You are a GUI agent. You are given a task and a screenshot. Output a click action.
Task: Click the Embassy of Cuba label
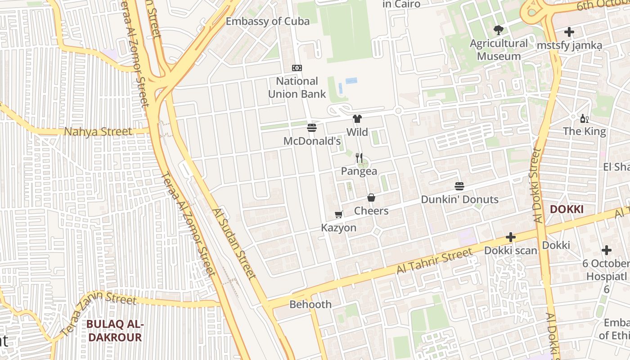(x=267, y=21)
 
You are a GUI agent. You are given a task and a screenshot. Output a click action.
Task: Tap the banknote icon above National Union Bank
(x=297, y=68)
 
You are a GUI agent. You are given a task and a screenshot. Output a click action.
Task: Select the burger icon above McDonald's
(x=312, y=127)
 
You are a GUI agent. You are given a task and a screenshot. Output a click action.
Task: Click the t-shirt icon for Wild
(x=357, y=119)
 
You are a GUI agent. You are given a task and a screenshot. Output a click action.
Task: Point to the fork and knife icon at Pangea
(x=359, y=157)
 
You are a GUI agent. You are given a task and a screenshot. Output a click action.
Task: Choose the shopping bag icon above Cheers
(x=371, y=198)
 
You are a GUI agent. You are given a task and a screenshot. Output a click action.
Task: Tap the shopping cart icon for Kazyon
(x=339, y=215)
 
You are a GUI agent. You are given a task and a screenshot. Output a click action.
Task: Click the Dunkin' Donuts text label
(x=459, y=199)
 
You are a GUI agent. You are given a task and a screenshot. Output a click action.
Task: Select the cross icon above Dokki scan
(x=511, y=237)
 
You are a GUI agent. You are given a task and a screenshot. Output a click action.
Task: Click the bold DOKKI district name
(x=567, y=209)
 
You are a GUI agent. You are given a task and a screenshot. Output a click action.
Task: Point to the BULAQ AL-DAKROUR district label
(x=115, y=331)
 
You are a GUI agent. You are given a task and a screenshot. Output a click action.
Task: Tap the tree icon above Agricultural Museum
(x=498, y=30)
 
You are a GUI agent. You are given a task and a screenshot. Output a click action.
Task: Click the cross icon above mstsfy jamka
(x=569, y=32)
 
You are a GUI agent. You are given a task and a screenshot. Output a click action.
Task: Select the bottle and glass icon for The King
(x=585, y=119)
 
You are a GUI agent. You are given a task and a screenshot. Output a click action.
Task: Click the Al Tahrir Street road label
(x=434, y=261)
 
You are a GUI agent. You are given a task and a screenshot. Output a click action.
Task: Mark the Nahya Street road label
(x=98, y=132)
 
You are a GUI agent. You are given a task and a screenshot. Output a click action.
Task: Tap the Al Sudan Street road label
(x=234, y=243)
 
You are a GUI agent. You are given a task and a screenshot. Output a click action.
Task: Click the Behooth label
(x=310, y=304)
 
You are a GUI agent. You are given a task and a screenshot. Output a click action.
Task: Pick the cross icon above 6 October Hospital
(x=607, y=250)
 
